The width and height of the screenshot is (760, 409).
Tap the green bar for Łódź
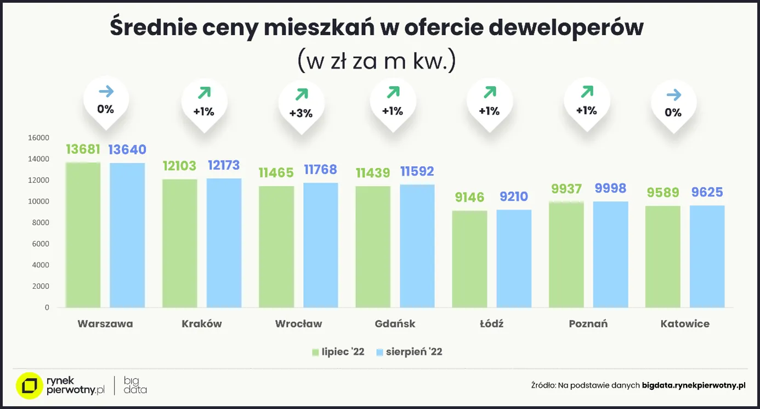[470, 259]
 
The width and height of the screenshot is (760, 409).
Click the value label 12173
[224, 165]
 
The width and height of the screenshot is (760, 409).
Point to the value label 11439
[373, 173]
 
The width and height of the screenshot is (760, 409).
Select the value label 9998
[610, 188]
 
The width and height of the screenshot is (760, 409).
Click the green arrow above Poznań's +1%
[587, 92]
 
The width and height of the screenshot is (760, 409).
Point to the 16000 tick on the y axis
[39, 138]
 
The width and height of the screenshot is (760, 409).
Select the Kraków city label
[202, 324]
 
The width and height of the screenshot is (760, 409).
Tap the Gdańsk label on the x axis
[395, 324]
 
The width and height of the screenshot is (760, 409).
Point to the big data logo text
[135, 385]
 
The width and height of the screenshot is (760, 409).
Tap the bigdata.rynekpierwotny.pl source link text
[694, 385]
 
